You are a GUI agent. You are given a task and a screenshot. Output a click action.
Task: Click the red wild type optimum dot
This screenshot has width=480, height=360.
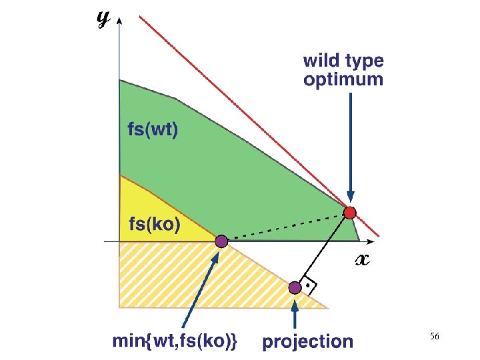(349, 213)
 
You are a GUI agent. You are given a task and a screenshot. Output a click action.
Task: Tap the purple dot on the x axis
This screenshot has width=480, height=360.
(221, 241)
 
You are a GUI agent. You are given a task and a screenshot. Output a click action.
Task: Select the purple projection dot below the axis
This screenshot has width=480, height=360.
(295, 287)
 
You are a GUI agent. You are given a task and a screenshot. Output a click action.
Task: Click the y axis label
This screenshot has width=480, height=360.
(103, 19)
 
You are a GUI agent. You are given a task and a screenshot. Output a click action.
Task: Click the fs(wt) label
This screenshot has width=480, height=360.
(153, 130)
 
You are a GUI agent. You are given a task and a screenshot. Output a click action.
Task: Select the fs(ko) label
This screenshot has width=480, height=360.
(153, 225)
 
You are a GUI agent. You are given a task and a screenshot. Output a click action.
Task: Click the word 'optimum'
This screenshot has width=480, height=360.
(343, 80)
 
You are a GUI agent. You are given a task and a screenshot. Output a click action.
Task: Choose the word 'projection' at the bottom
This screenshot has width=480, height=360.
(307, 341)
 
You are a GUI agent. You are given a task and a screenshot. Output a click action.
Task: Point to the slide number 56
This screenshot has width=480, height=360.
(434, 337)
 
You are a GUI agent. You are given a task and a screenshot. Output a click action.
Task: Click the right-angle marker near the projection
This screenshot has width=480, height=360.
(309, 285)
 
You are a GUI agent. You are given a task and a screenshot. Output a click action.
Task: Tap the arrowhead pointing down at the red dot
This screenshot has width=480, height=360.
(350, 199)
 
